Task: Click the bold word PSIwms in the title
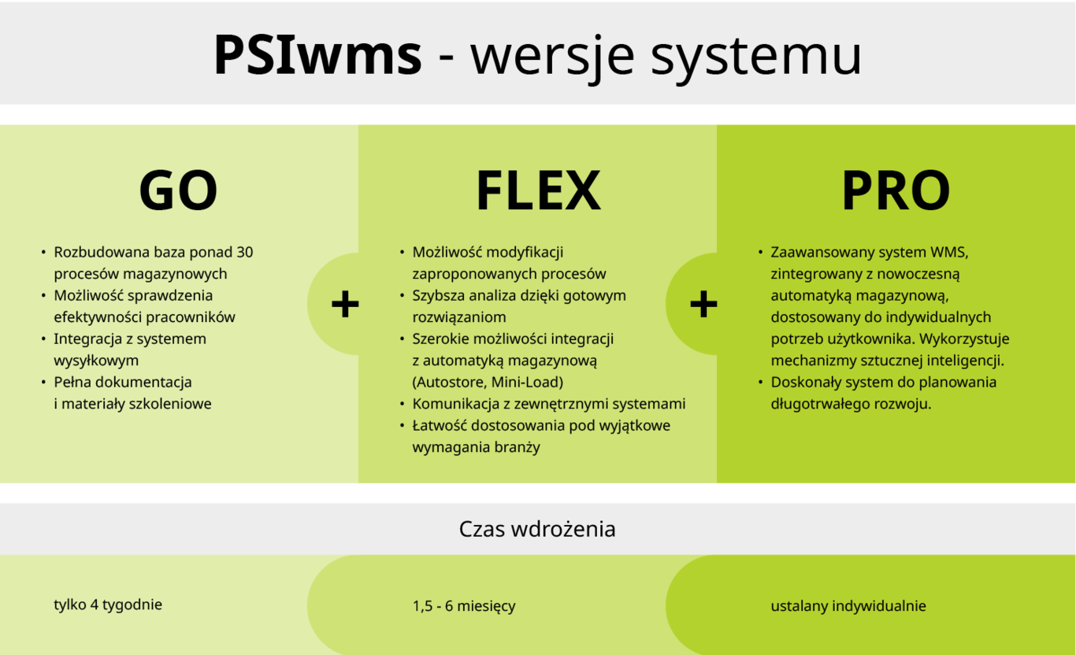[x=317, y=55]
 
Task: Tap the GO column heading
[x=178, y=191]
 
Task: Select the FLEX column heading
[x=538, y=191]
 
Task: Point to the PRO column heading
[x=896, y=191]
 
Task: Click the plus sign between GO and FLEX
[x=345, y=304]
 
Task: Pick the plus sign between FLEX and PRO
[x=703, y=304]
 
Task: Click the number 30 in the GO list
[x=244, y=252]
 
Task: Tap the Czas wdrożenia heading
[x=537, y=529]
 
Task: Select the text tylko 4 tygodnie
[x=108, y=605]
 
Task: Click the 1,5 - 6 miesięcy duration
[x=464, y=606]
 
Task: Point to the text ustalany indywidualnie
[x=848, y=606]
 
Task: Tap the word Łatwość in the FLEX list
[x=440, y=425]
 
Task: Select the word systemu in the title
[x=756, y=57]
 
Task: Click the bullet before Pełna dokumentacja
[x=43, y=383]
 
